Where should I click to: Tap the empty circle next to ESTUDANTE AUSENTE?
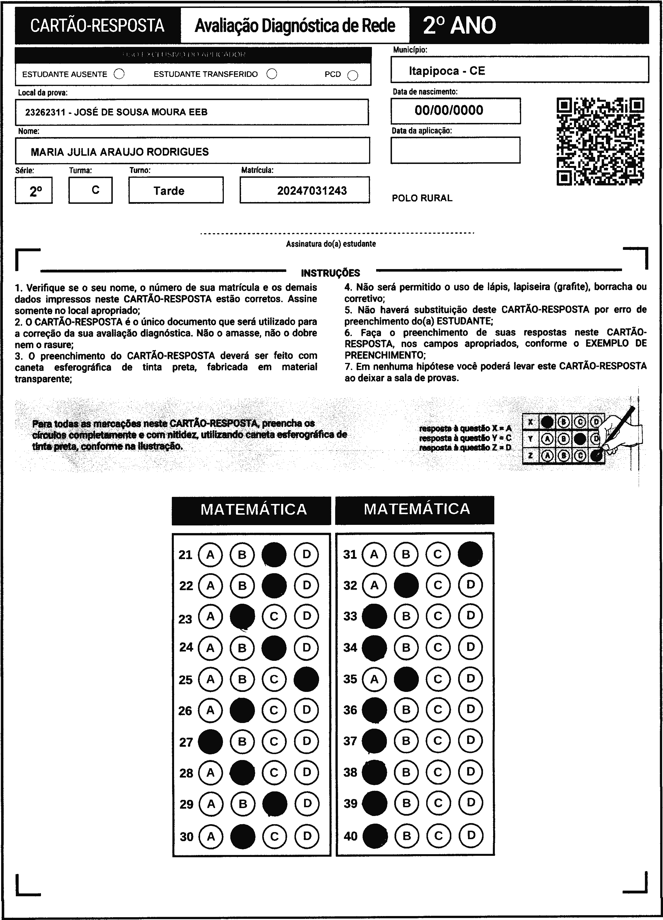click(119, 74)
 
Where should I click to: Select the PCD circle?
click(353, 76)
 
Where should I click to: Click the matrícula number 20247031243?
click(312, 191)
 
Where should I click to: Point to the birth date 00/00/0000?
click(449, 110)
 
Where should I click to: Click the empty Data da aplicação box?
click(455, 150)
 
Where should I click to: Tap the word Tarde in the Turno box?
click(169, 191)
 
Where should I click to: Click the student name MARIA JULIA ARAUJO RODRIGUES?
click(120, 152)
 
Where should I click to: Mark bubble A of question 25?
click(210, 679)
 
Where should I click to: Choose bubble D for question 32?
click(470, 585)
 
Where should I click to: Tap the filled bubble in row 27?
click(210, 742)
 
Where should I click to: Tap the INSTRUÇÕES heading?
click(330, 273)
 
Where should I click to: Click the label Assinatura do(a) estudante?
click(331, 244)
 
